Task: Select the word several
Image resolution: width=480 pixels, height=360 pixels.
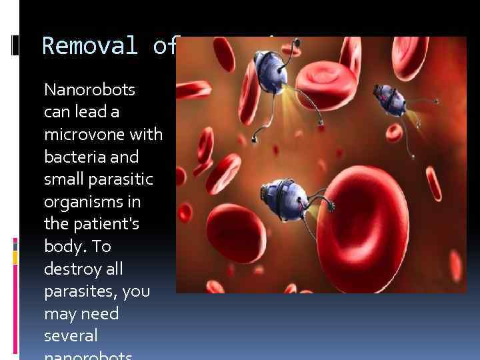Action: (71, 336)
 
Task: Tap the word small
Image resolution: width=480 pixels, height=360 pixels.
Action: (62, 180)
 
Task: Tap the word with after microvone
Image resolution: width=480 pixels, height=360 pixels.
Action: (148, 135)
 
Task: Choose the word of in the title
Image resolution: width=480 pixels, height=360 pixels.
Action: (163, 46)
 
